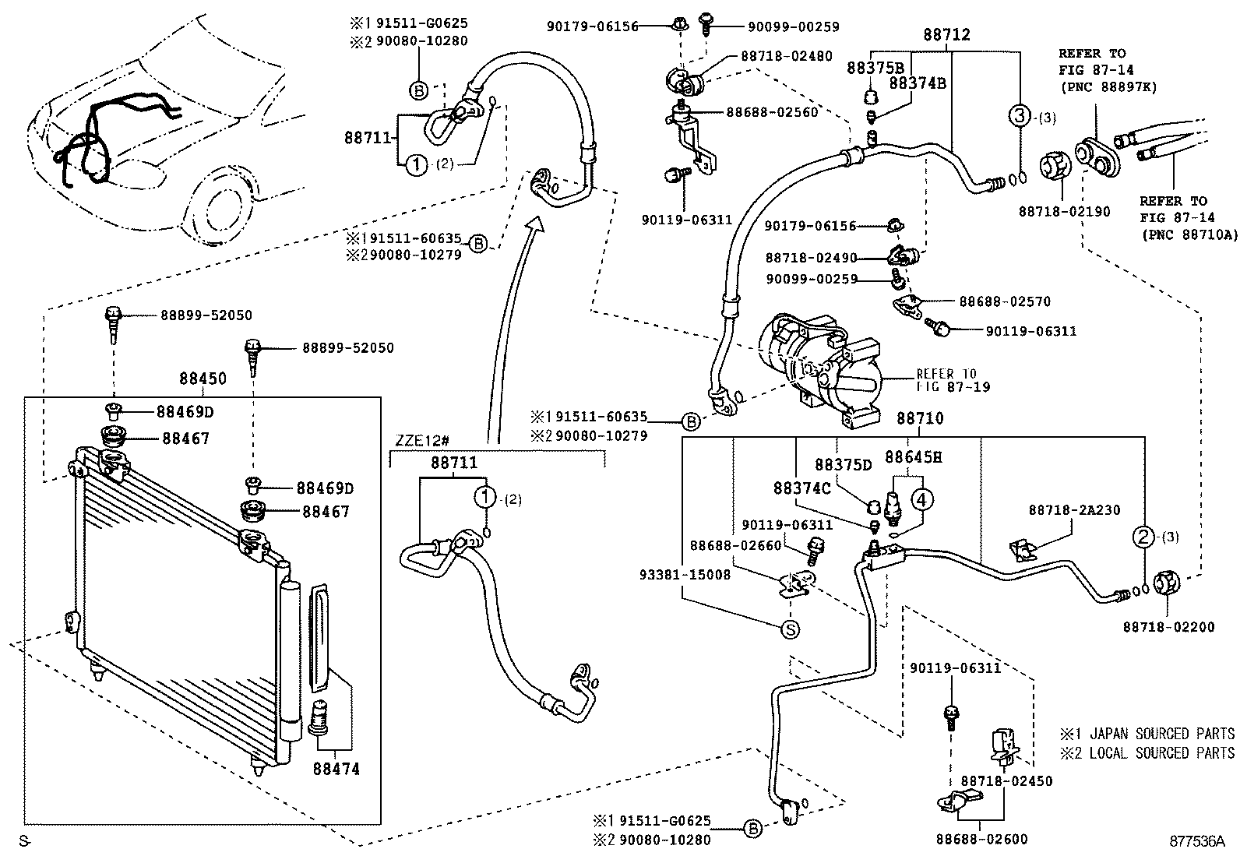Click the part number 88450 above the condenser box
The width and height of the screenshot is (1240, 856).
tap(203, 379)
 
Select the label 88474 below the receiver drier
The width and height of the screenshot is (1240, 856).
tap(336, 770)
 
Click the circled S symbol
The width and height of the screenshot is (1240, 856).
tap(790, 629)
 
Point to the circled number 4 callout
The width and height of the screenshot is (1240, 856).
tap(921, 498)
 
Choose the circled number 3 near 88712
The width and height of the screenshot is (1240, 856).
tap(1020, 117)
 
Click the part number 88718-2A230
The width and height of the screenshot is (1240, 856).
tap(1074, 510)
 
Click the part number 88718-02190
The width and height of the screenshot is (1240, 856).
tap(1064, 212)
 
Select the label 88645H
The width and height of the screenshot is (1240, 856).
tap(913, 457)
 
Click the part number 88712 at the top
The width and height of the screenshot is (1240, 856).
tap(947, 35)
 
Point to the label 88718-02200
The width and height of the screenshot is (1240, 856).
tap(1168, 626)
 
